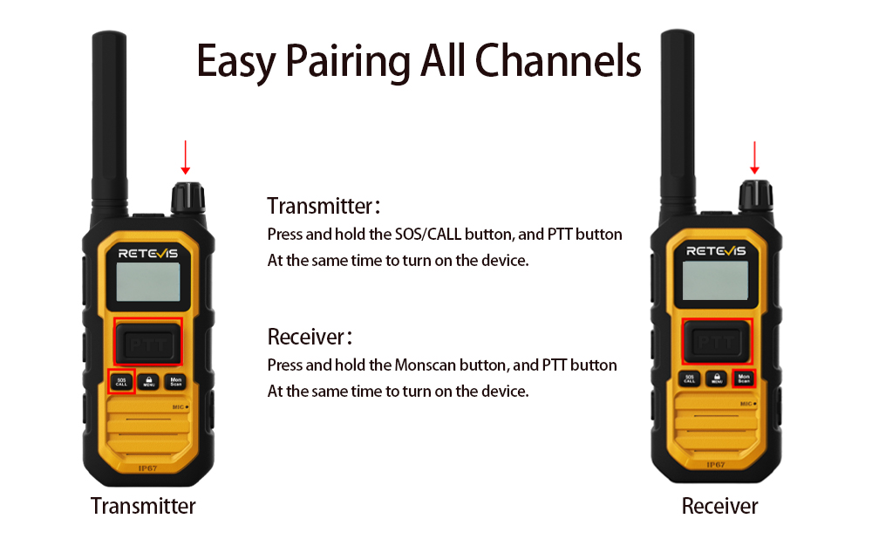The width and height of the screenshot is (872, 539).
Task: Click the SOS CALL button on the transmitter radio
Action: (x=121, y=382)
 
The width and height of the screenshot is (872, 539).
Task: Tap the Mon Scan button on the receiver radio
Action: (x=744, y=379)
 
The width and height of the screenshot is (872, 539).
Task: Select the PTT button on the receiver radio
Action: (x=716, y=342)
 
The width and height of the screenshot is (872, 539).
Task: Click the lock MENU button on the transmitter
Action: (x=148, y=382)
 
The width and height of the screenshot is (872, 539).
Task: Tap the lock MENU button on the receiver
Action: (x=716, y=379)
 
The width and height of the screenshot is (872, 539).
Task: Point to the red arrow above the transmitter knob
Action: (x=186, y=157)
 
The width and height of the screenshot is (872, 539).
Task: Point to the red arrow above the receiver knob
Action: (x=754, y=157)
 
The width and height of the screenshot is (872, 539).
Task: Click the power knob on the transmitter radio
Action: (x=188, y=198)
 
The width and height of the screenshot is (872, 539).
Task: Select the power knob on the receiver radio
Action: (x=755, y=195)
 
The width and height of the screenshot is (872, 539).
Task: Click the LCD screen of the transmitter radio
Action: (x=148, y=282)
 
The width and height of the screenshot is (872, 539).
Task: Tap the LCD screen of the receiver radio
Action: (x=715, y=280)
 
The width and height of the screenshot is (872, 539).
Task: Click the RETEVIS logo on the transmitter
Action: (x=148, y=253)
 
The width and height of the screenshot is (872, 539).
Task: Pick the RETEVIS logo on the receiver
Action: (x=716, y=251)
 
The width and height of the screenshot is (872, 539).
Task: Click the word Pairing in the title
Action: (x=349, y=61)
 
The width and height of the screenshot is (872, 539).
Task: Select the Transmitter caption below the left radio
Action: (x=143, y=506)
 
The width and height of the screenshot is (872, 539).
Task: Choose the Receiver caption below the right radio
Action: (x=719, y=506)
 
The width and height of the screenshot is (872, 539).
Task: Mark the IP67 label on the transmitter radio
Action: (x=147, y=468)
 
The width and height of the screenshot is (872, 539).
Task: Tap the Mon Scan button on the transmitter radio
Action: (x=176, y=382)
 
